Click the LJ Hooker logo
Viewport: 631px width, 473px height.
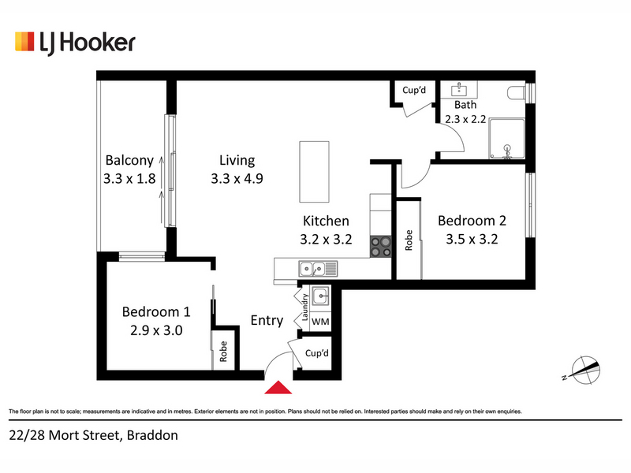pyautogui.click(x=75, y=43)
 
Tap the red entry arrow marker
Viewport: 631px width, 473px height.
pyautogui.click(x=278, y=387)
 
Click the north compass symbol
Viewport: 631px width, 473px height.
pyautogui.click(x=583, y=370)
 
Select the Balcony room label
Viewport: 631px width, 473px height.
pyautogui.click(x=129, y=161)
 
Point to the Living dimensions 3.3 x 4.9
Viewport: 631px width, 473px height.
pyautogui.click(x=237, y=179)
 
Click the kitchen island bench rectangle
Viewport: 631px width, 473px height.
pyautogui.click(x=314, y=172)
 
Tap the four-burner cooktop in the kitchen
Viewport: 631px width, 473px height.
pyautogui.click(x=381, y=247)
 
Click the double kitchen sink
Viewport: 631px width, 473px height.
pyautogui.click(x=318, y=269)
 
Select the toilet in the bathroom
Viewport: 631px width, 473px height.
pyautogui.click(x=517, y=93)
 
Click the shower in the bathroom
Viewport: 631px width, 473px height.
pyautogui.click(x=507, y=139)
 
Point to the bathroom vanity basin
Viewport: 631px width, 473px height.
pyautogui.click(x=459, y=89)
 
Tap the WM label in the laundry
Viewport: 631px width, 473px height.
pyautogui.click(x=320, y=322)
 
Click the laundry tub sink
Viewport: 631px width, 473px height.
pyautogui.click(x=320, y=296)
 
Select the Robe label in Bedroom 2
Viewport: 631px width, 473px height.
pyautogui.click(x=409, y=240)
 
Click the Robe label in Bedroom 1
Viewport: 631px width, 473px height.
pyautogui.click(x=223, y=352)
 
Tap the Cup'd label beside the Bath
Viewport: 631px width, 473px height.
pyautogui.click(x=414, y=90)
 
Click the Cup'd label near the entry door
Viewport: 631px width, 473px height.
pyautogui.click(x=317, y=353)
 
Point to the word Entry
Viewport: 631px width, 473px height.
pyautogui.click(x=267, y=320)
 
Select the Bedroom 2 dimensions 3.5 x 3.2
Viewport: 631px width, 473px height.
pyautogui.click(x=472, y=240)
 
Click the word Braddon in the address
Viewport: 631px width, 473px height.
pyautogui.click(x=152, y=435)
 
